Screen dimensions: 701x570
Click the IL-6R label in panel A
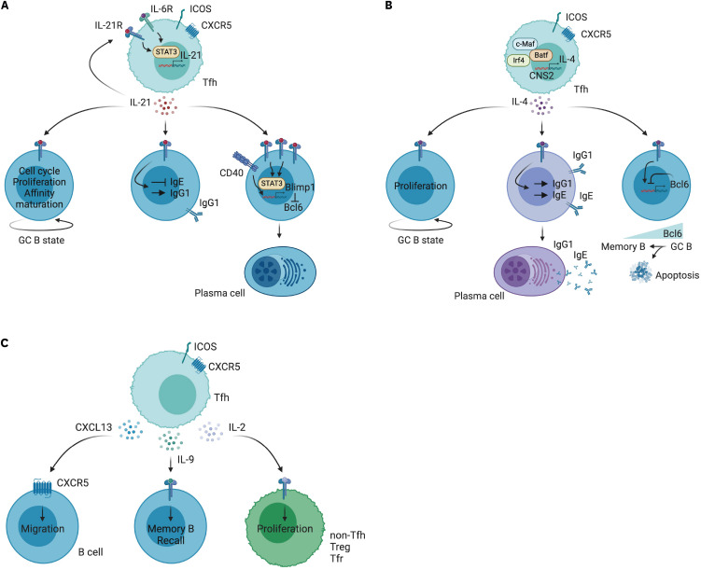click(x=161, y=8)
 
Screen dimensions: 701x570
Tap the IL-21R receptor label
click(x=108, y=25)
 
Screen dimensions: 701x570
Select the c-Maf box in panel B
click(x=525, y=44)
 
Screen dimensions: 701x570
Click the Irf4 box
click(x=518, y=61)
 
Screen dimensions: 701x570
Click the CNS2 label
click(x=541, y=76)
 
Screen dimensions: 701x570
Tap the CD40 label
click(x=231, y=172)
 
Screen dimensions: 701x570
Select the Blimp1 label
click(x=300, y=188)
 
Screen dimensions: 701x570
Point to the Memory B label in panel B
click(x=623, y=246)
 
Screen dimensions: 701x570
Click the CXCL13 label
click(x=93, y=427)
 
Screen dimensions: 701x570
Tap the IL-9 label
click(x=186, y=459)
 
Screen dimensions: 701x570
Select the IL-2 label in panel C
click(x=237, y=427)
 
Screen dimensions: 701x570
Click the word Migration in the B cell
click(x=43, y=528)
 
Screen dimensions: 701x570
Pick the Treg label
click(x=340, y=547)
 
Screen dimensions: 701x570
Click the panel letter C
click(x=5, y=343)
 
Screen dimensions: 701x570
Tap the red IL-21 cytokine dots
click(x=166, y=105)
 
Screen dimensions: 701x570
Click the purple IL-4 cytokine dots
click(x=541, y=105)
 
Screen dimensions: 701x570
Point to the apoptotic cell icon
click(x=640, y=273)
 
